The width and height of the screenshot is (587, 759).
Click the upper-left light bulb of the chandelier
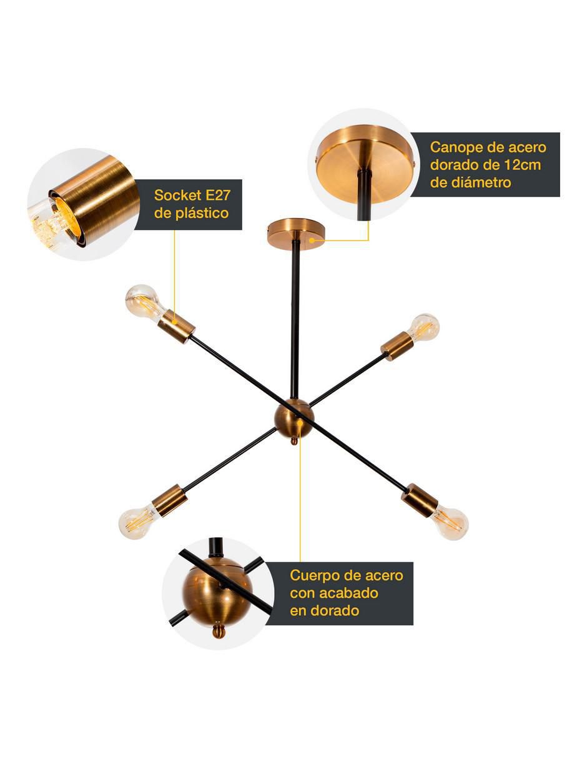[x=143, y=303]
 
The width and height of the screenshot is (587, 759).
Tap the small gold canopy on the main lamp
[x=295, y=233]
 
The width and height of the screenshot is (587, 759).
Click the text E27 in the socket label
[x=218, y=196]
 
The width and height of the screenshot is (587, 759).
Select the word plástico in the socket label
[x=202, y=213]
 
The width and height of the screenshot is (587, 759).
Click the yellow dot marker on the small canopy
[x=312, y=241]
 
